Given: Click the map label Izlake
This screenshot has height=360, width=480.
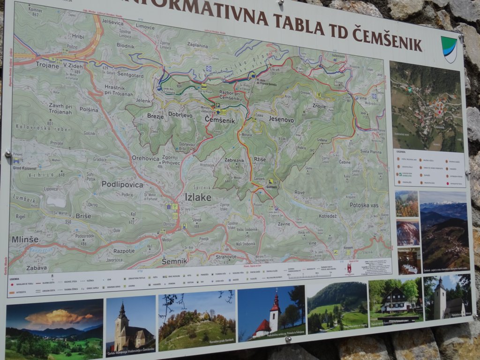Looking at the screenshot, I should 198,197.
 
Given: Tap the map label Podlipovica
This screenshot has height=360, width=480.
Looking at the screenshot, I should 122,184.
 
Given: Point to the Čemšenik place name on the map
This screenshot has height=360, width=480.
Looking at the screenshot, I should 220,120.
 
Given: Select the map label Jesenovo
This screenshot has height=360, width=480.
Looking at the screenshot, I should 281,119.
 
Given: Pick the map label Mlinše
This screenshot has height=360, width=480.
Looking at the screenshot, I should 25,239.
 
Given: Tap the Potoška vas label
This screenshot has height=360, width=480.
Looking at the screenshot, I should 363,205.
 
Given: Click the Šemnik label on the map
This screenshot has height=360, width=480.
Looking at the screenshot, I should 174,261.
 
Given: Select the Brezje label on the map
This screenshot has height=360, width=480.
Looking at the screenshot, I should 155,115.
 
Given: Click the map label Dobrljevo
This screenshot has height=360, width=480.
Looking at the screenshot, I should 180,114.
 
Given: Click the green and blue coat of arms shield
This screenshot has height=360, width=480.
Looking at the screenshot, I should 449,49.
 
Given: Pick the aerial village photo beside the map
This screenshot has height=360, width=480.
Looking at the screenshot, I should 426,106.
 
